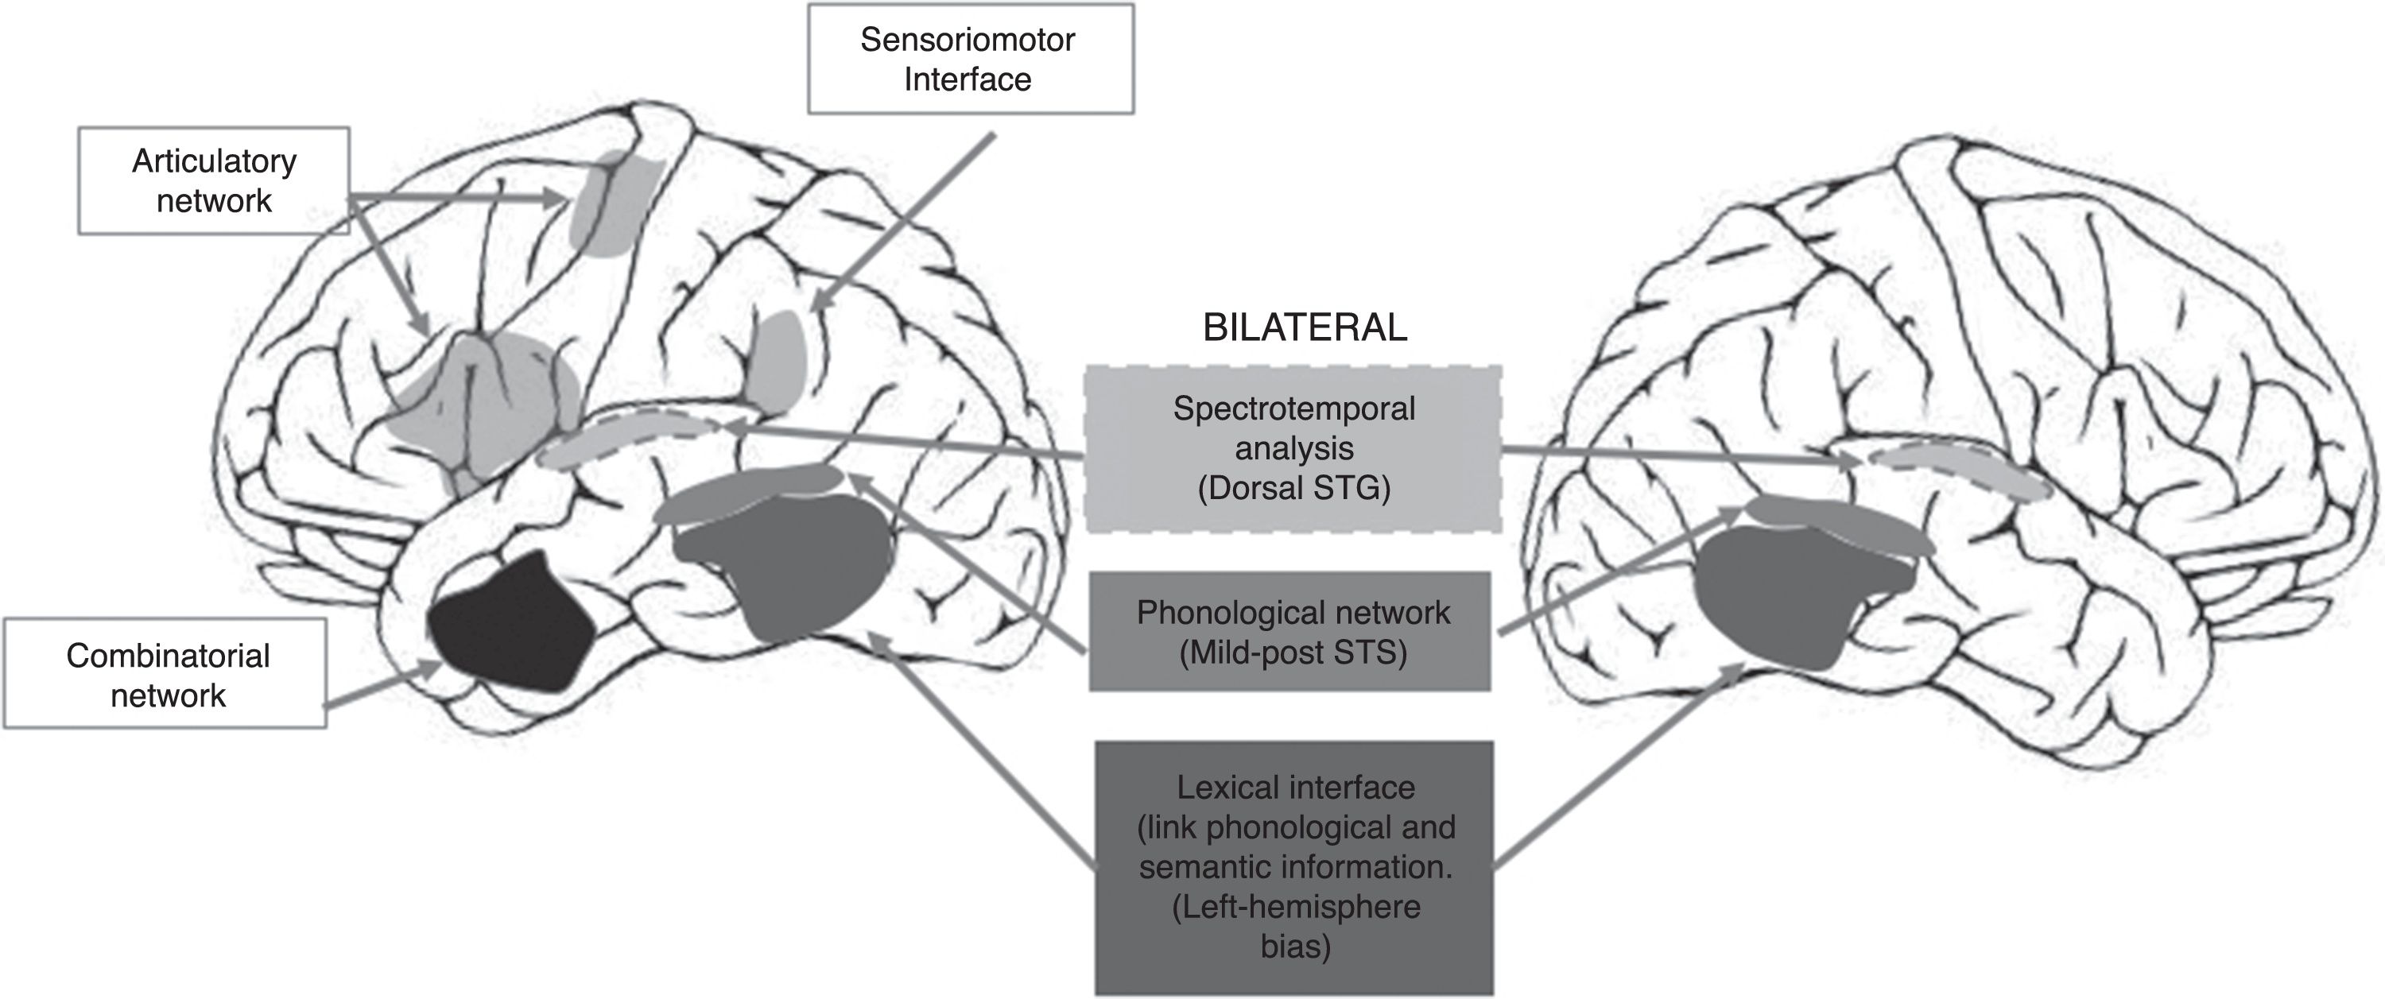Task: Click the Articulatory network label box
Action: coord(214,180)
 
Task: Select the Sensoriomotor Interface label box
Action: coord(969,60)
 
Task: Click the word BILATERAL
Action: coord(1305,327)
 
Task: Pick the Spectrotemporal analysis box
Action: coord(1293,449)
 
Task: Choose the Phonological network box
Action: coord(1290,633)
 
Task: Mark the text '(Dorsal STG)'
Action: coord(1293,488)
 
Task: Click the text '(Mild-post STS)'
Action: coord(1293,652)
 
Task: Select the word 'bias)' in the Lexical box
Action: coord(1294,947)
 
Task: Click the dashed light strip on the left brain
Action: coord(630,437)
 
